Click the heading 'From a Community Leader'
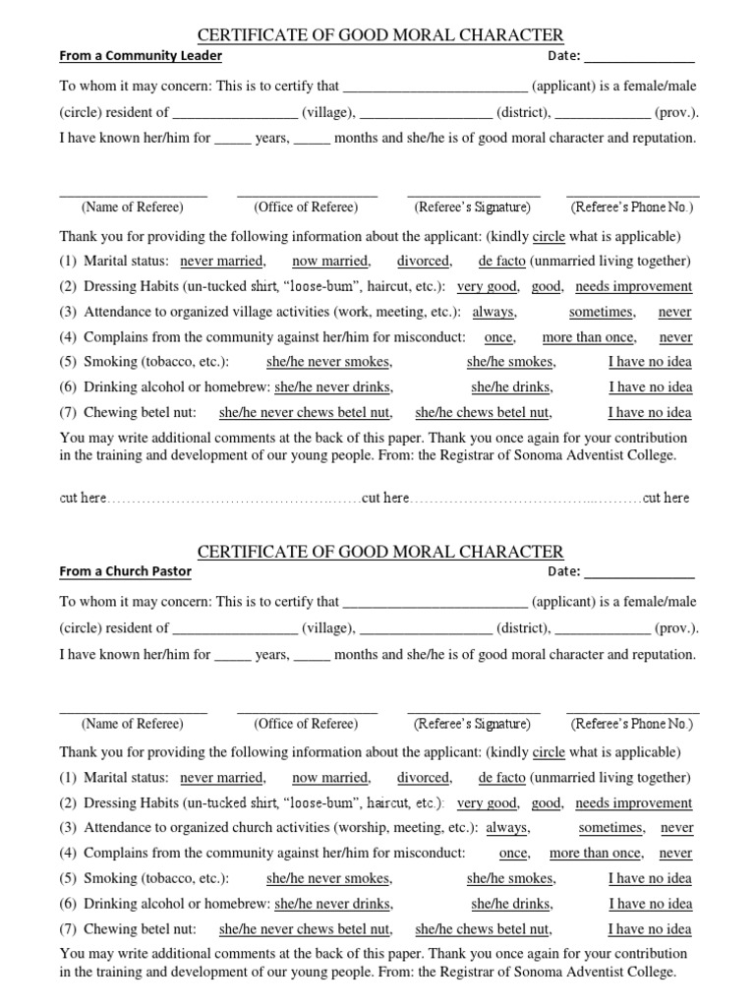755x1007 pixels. (141, 56)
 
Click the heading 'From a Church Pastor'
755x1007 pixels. (126, 571)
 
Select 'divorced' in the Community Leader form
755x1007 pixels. (424, 261)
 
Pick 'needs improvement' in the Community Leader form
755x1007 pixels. (633, 286)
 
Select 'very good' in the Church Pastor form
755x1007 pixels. (487, 802)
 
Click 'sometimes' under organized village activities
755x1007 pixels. (602, 312)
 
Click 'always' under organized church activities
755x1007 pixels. (507, 828)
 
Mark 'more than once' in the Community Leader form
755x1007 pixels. (588, 337)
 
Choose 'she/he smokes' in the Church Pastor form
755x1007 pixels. (510, 878)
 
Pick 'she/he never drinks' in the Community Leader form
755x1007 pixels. (333, 387)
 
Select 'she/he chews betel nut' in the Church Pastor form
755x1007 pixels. (483, 929)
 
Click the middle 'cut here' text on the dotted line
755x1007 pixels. (385, 499)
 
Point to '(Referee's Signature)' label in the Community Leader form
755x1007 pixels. (473, 207)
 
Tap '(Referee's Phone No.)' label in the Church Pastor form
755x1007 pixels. (632, 724)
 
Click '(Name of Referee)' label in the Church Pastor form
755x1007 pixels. (133, 724)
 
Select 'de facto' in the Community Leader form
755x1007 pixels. (501, 261)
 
